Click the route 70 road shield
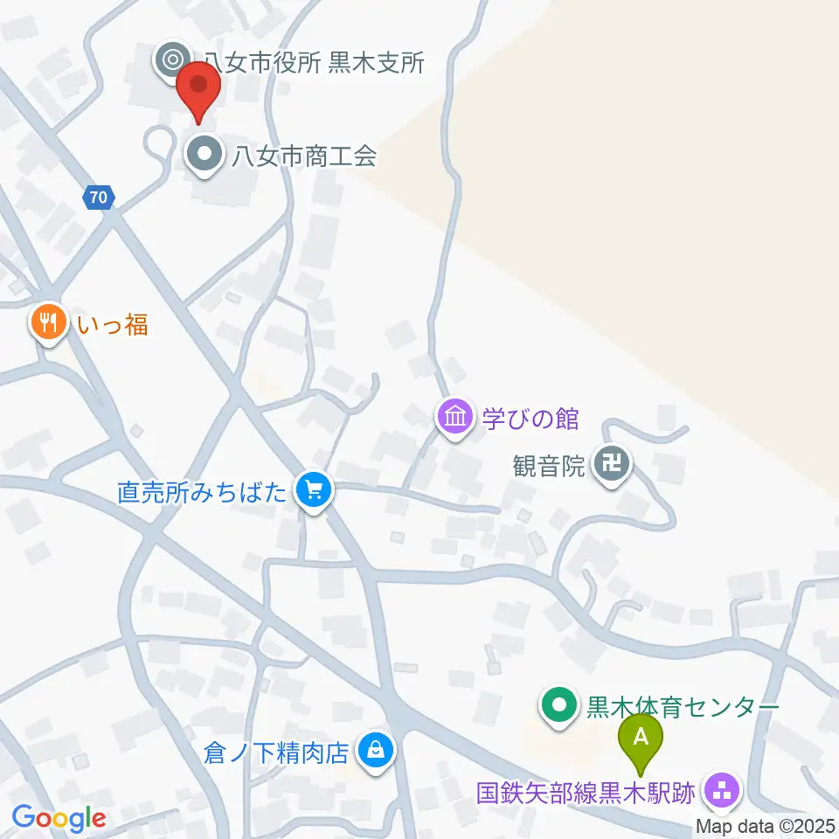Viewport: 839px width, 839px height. tap(99, 198)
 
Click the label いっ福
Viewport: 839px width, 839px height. tap(112, 325)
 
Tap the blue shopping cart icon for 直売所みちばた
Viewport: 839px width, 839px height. tap(314, 490)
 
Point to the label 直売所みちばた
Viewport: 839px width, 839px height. tap(203, 492)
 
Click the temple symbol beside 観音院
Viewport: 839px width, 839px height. tap(612, 463)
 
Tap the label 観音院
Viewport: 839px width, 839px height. tap(549, 465)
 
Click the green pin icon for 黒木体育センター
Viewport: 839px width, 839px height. tap(558, 705)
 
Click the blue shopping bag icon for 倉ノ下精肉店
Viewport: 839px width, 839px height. tap(375, 750)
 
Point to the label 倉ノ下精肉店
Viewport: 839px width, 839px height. tap(276, 752)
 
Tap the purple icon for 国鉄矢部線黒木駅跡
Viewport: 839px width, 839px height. tap(722, 792)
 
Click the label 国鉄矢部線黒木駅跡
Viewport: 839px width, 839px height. tap(586, 794)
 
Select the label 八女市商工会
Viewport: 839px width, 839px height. tap(303, 156)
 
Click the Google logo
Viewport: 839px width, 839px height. tap(59, 818)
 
